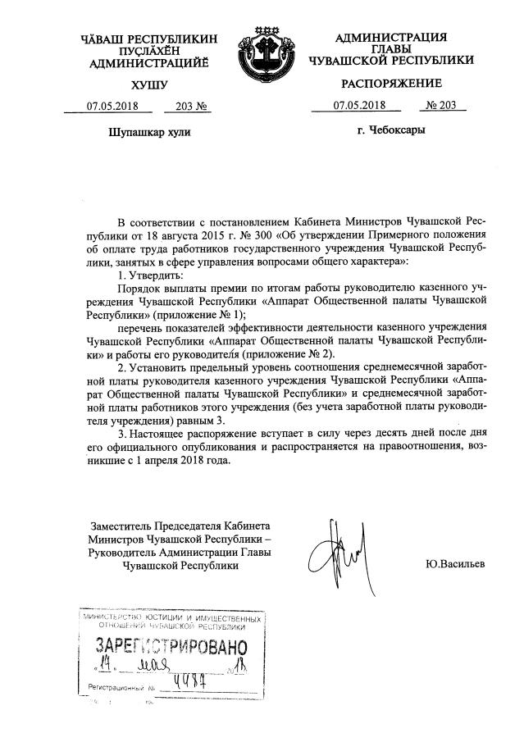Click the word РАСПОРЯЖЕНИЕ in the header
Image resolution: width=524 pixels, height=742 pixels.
pyautogui.click(x=391, y=83)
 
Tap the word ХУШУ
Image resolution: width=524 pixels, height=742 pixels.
pyautogui.click(x=148, y=84)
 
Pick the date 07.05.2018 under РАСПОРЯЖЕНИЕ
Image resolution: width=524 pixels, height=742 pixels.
pyautogui.click(x=358, y=106)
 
